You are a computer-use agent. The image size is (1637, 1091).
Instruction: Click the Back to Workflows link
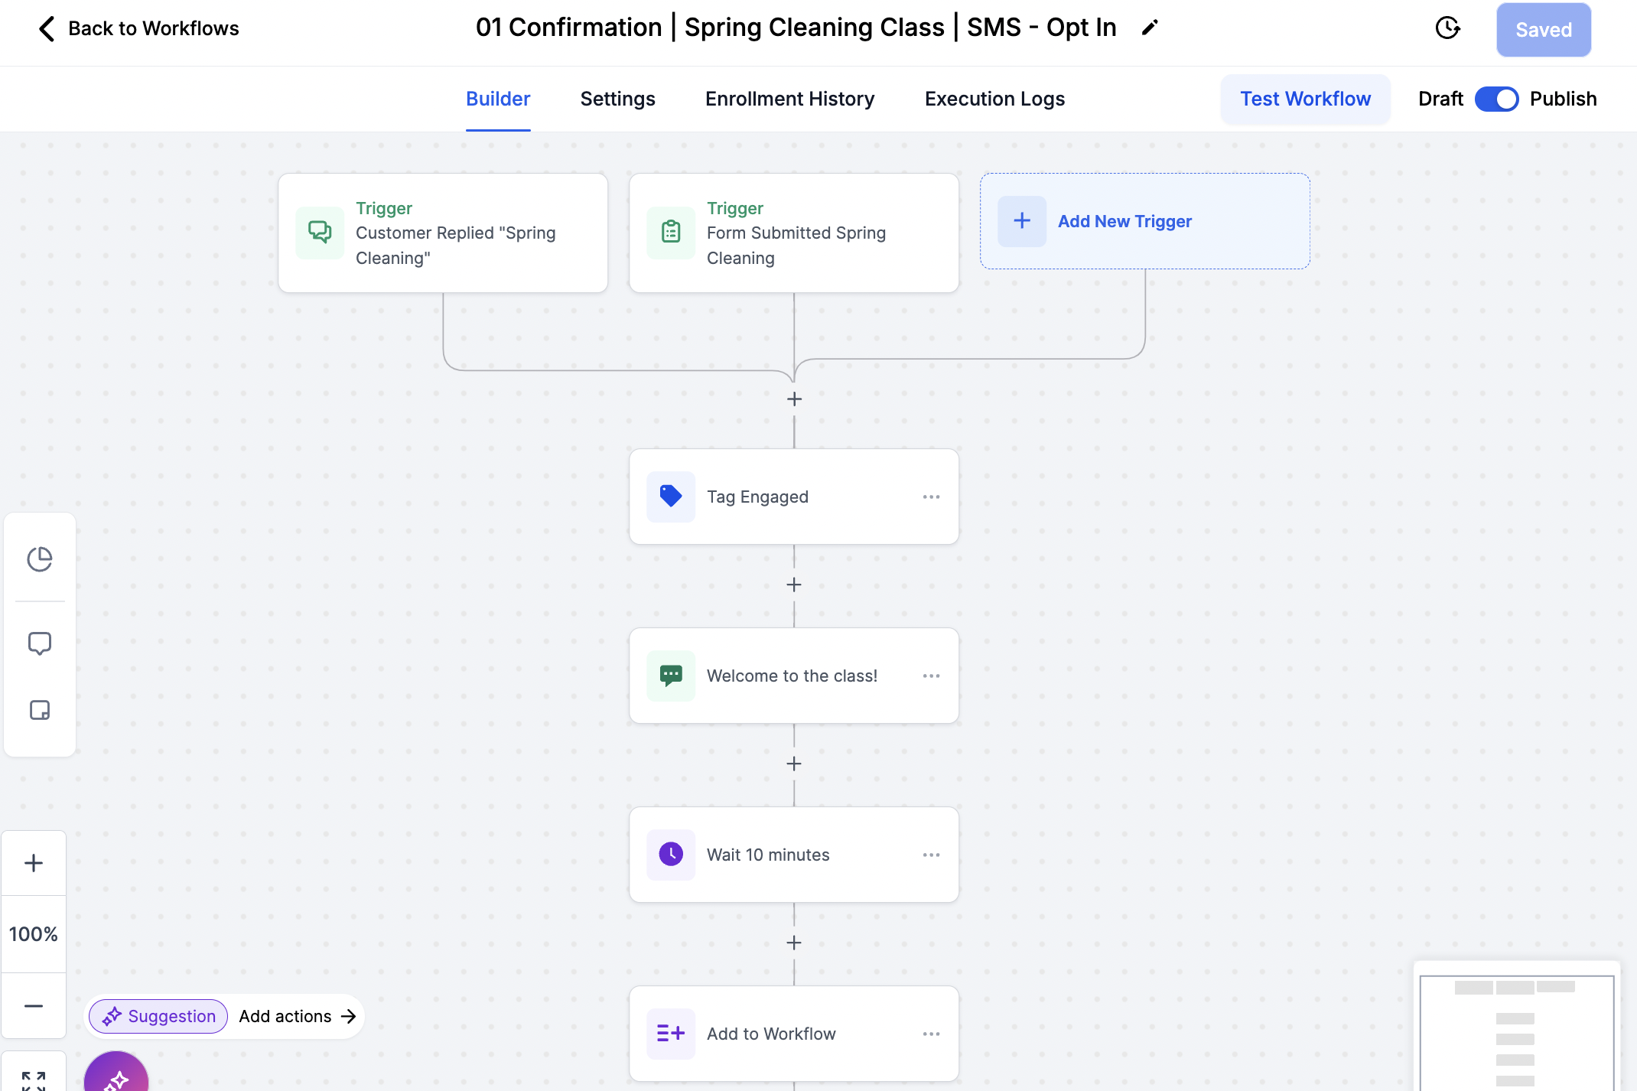tap(138, 28)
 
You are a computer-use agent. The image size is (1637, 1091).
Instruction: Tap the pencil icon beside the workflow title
tap(1150, 28)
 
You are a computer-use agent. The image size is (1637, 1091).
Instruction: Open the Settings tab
tap(617, 99)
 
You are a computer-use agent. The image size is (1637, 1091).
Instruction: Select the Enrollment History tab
tap(789, 99)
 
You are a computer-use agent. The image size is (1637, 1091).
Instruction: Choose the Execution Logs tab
tap(994, 99)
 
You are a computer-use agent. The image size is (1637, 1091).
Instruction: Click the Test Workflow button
tap(1305, 99)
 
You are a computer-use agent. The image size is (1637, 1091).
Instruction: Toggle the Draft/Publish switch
tap(1496, 99)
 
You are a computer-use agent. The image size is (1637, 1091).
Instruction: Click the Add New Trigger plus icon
tap(1022, 221)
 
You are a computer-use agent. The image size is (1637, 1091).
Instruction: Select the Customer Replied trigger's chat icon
tap(320, 232)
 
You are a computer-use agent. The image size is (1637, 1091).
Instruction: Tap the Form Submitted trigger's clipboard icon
tap(671, 232)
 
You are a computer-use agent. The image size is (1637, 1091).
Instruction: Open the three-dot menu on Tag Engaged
tap(931, 497)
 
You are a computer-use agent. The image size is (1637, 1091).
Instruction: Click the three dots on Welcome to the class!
tap(931, 676)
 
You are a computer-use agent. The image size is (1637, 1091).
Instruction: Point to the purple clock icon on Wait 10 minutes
tap(671, 854)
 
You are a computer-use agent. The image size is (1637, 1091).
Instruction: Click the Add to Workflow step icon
tap(671, 1033)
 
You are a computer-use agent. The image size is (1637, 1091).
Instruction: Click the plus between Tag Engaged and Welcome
tap(794, 585)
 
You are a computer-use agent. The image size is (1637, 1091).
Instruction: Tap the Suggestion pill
tap(158, 1016)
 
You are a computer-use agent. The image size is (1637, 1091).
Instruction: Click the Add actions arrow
tap(349, 1016)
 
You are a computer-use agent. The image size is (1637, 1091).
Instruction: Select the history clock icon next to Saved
tap(1447, 28)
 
